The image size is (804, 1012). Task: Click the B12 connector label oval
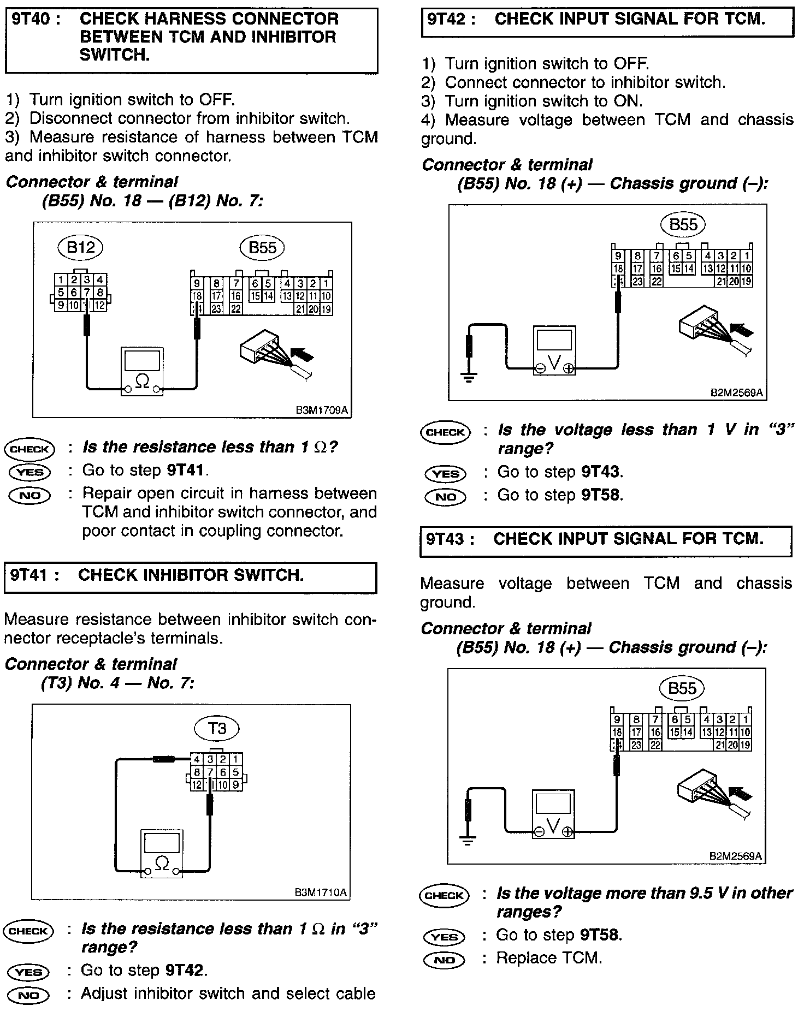coord(81,248)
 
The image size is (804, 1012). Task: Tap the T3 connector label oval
coord(217,728)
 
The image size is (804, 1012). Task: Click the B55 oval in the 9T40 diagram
coord(262,248)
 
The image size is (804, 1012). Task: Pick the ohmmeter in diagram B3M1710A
coord(162,853)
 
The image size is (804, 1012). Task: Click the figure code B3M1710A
coord(321,892)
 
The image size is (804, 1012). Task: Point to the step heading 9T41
coord(34,575)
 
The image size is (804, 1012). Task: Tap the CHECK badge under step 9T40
coord(29,449)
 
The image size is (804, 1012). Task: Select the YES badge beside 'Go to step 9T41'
coord(29,472)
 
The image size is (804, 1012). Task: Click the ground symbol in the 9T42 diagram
coord(469,377)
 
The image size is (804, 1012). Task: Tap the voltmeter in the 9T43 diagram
coord(553,814)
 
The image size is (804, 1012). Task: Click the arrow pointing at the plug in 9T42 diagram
coord(741,330)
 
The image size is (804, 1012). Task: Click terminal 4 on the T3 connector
coord(196,759)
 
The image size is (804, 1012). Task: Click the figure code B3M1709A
coord(322,410)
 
